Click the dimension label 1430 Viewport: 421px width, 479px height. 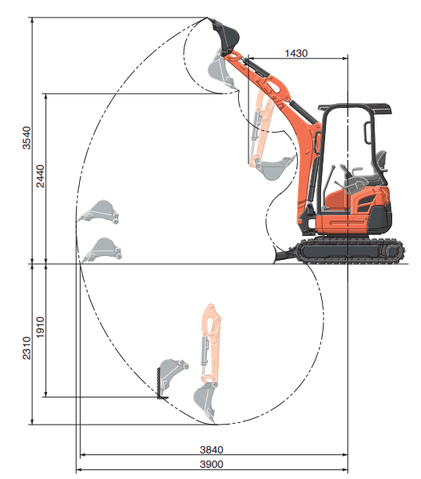pos(296,53)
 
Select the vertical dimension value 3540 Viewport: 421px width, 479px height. pos(27,138)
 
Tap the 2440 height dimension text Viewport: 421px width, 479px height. pos(40,176)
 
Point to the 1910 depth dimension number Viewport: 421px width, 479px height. pos(40,327)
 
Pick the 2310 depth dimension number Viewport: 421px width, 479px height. pos(27,348)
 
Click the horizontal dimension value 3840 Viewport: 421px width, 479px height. pos(212,449)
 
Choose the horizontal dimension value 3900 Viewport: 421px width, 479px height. pos(212,465)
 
